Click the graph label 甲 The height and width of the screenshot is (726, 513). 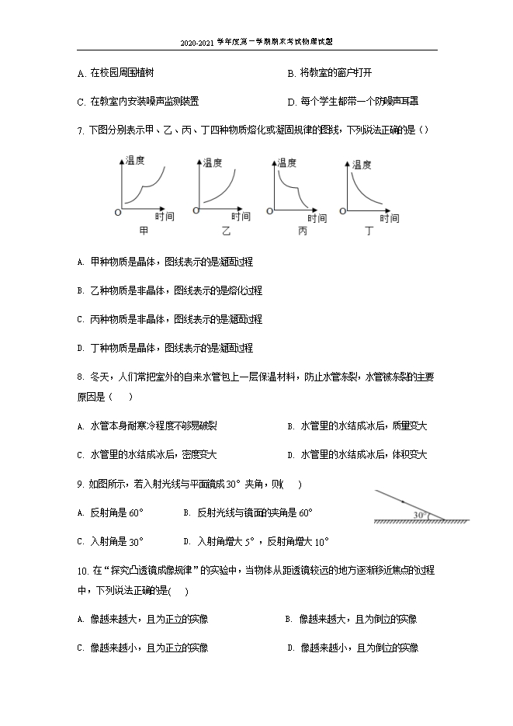click(x=143, y=231)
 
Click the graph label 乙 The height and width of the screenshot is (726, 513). click(x=226, y=231)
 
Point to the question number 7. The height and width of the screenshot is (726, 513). click(x=80, y=130)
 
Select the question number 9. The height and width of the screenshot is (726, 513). click(x=80, y=484)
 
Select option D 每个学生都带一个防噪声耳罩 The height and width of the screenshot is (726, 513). click(x=358, y=101)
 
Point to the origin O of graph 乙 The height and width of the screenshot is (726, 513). click(x=196, y=210)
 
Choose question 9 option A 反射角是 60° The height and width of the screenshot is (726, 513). click(x=116, y=512)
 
